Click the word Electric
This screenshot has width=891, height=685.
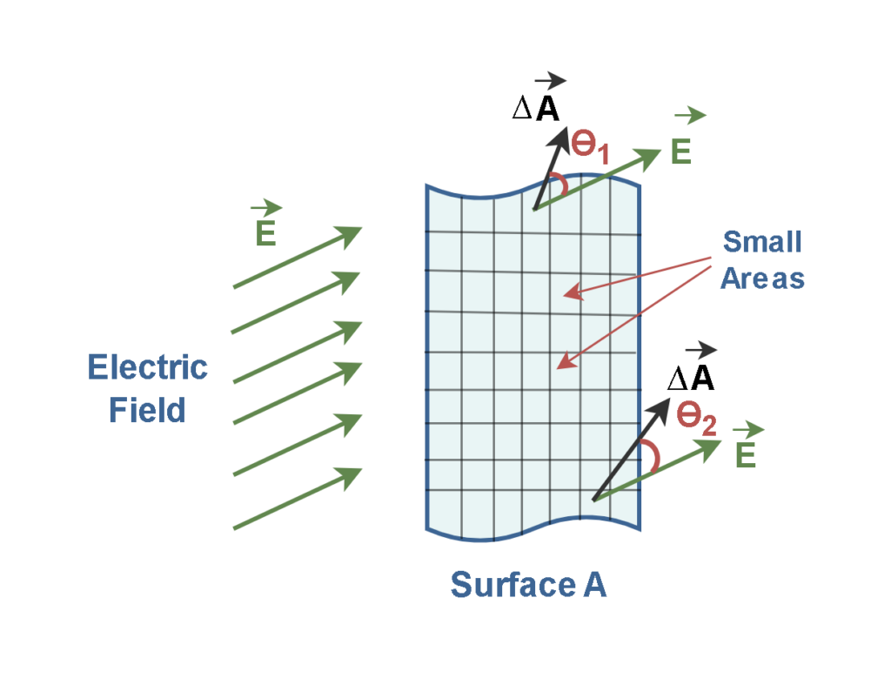148,367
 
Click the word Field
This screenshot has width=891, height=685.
148,409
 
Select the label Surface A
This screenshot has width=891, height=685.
527,585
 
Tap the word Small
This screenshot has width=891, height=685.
762,241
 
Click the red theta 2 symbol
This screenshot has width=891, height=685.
696,421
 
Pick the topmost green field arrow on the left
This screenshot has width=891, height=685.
296,258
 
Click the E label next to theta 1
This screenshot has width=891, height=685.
681,151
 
